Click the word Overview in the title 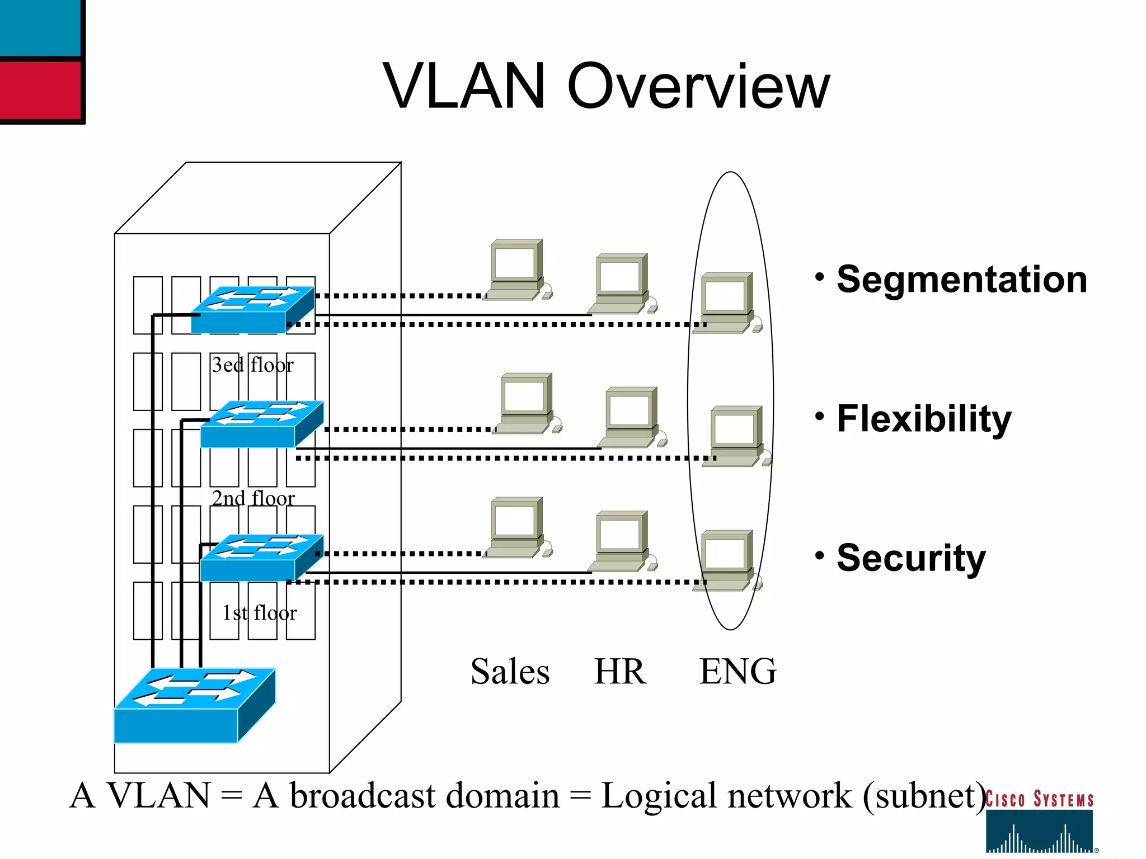(x=698, y=87)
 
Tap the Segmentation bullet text (x=961, y=280)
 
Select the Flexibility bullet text (x=924, y=418)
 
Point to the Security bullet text (x=910, y=558)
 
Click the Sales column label (x=510, y=671)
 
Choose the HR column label (x=620, y=671)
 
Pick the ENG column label (x=738, y=671)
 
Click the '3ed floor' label (x=252, y=365)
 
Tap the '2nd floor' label (x=253, y=498)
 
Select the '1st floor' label (x=259, y=613)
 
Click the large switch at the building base (x=194, y=706)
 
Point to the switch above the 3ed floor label (x=252, y=310)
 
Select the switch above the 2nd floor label (x=261, y=424)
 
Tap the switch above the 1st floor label (x=261, y=558)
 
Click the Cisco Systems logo (x=1039, y=822)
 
